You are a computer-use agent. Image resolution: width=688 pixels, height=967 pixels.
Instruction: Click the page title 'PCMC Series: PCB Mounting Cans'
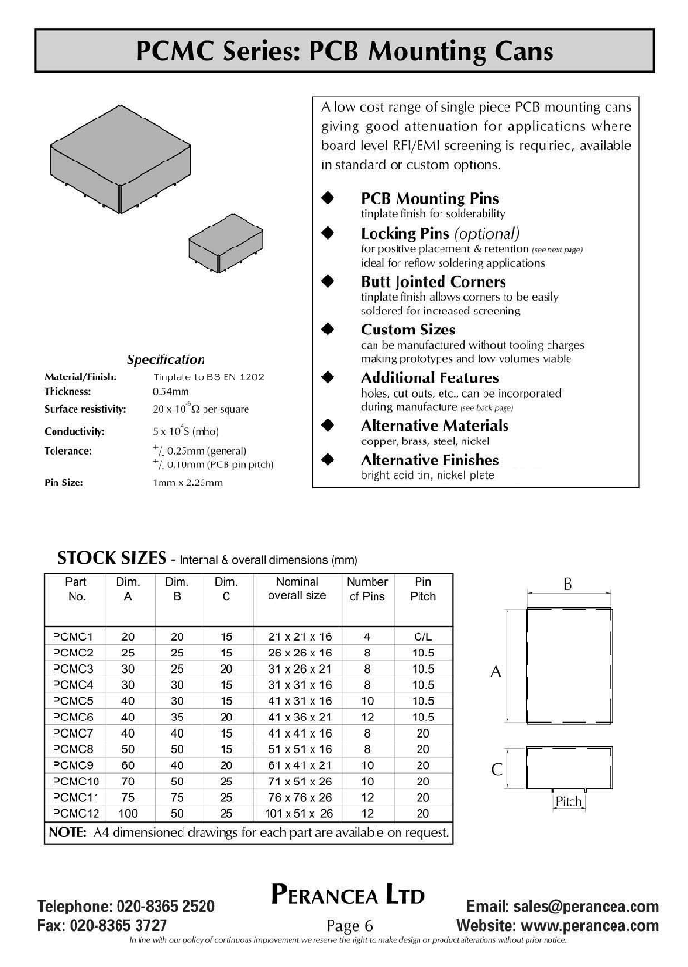(x=344, y=51)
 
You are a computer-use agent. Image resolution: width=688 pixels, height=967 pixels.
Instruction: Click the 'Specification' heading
(x=166, y=360)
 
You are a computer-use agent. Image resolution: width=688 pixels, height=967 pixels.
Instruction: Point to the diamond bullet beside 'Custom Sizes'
(x=328, y=329)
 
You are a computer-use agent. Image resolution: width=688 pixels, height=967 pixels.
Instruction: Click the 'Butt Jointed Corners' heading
(x=433, y=282)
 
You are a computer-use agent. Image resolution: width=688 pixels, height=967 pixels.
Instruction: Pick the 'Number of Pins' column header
(x=367, y=589)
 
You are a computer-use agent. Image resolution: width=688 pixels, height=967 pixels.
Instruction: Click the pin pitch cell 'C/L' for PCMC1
(x=422, y=635)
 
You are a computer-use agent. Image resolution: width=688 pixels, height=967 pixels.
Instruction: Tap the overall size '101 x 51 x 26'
(x=300, y=813)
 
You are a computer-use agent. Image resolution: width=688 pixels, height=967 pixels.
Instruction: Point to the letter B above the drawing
(x=568, y=584)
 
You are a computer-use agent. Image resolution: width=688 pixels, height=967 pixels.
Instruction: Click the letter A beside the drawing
(x=496, y=672)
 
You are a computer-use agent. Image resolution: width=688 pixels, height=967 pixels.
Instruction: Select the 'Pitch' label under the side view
(x=569, y=801)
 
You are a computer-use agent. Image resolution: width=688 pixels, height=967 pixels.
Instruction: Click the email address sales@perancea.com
(x=563, y=906)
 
